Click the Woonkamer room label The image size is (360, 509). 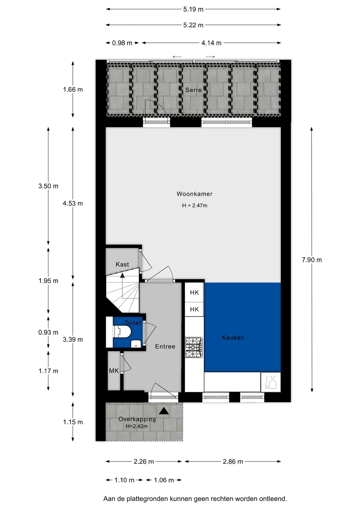click(x=194, y=194)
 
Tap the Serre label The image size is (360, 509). click(x=193, y=90)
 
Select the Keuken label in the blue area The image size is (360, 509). click(x=233, y=337)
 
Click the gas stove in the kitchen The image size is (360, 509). click(x=194, y=347)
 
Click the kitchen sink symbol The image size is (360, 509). click(x=271, y=382)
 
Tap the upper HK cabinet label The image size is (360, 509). click(x=194, y=292)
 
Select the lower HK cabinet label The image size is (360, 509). click(x=194, y=309)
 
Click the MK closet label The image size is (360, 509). click(x=114, y=371)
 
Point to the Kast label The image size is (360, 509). click(x=122, y=264)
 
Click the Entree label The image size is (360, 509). click(x=165, y=346)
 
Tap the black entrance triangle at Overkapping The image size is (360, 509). click(x=164, y=411)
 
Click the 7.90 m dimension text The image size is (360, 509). click(x=312, y=260)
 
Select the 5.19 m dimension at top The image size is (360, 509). click(x=193, y=9)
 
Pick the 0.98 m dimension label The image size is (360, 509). click(x=122, y=43)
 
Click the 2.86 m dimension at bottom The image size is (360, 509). click(x=233, y=462)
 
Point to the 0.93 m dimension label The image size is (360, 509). click(x=48, y=332)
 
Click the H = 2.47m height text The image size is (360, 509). click(x=195, y=205)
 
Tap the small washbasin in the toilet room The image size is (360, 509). click(x=136, y=344)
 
